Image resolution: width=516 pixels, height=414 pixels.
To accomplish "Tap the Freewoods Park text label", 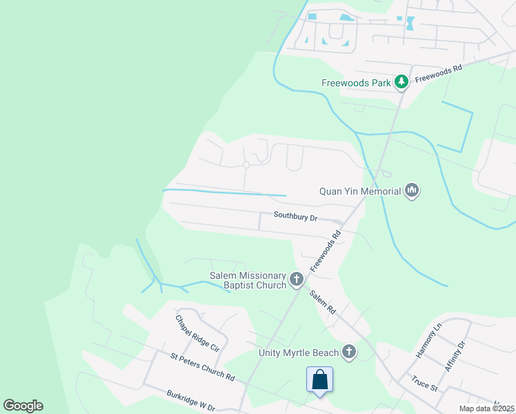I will (356, 83).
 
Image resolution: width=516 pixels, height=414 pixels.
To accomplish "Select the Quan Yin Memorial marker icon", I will (412, 190).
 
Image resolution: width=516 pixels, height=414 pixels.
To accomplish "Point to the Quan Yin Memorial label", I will (360, 190).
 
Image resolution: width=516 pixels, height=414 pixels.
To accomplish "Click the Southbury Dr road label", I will (295, 216).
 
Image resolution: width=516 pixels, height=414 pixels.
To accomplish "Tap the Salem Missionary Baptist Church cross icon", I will (297, 279).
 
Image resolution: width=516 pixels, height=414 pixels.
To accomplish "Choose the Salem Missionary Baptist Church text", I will (248, 280).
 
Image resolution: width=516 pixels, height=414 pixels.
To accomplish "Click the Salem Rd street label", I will (322, 302).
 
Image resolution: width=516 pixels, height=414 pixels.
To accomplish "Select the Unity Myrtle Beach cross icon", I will (349, 353).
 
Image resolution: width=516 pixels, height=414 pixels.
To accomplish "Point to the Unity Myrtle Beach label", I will (299, 353).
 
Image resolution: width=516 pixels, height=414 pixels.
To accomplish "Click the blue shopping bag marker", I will (319, 380).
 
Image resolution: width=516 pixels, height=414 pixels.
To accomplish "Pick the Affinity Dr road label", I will (456, 356).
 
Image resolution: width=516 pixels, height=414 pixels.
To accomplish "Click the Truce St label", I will (424, 382).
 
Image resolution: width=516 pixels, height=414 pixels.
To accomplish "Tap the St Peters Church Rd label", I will (203, 367).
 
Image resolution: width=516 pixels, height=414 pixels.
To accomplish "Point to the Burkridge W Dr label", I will (191, 402).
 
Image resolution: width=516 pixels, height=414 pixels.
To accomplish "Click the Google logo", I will (23, 406).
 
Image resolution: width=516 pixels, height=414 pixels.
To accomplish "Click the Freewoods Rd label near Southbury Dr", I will (326, 250).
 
